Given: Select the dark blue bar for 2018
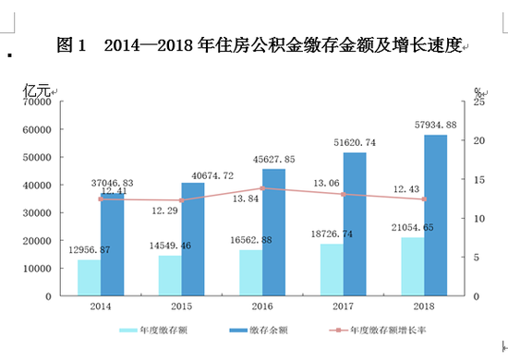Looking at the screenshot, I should [435, 216].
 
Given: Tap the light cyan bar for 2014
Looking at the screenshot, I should [88, 278].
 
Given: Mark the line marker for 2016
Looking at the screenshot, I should [262, 188].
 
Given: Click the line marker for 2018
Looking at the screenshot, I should [424, 199].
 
